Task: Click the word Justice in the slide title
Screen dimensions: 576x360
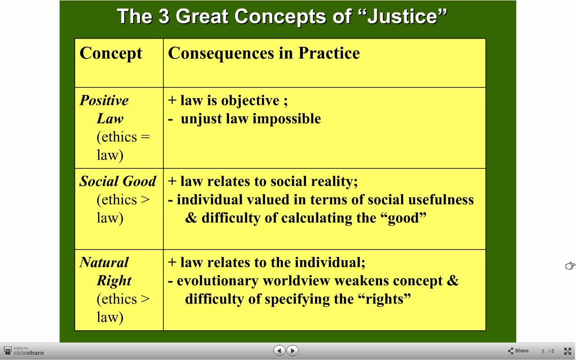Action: click(402, 17)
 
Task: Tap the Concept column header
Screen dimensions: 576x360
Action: click(111, 53)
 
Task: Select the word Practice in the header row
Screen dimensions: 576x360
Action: click(329, 53)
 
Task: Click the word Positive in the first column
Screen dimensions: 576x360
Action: click(104, 100)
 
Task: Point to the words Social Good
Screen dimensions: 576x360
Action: click(118, 181)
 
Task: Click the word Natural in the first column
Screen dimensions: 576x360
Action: click(104, 262)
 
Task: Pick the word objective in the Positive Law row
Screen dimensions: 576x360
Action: click(250, 101)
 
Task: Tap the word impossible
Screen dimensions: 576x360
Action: click(287, 119)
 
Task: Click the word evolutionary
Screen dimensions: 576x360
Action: click(217, 281)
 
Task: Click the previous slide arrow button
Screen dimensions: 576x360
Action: click(279, 351)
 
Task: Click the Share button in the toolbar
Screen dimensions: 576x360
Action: click(518, 351)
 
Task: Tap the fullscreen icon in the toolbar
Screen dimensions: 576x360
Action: click(567, 351)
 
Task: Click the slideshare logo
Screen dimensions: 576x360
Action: click(24, 351)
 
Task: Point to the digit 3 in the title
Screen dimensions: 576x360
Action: click(164, 17)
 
